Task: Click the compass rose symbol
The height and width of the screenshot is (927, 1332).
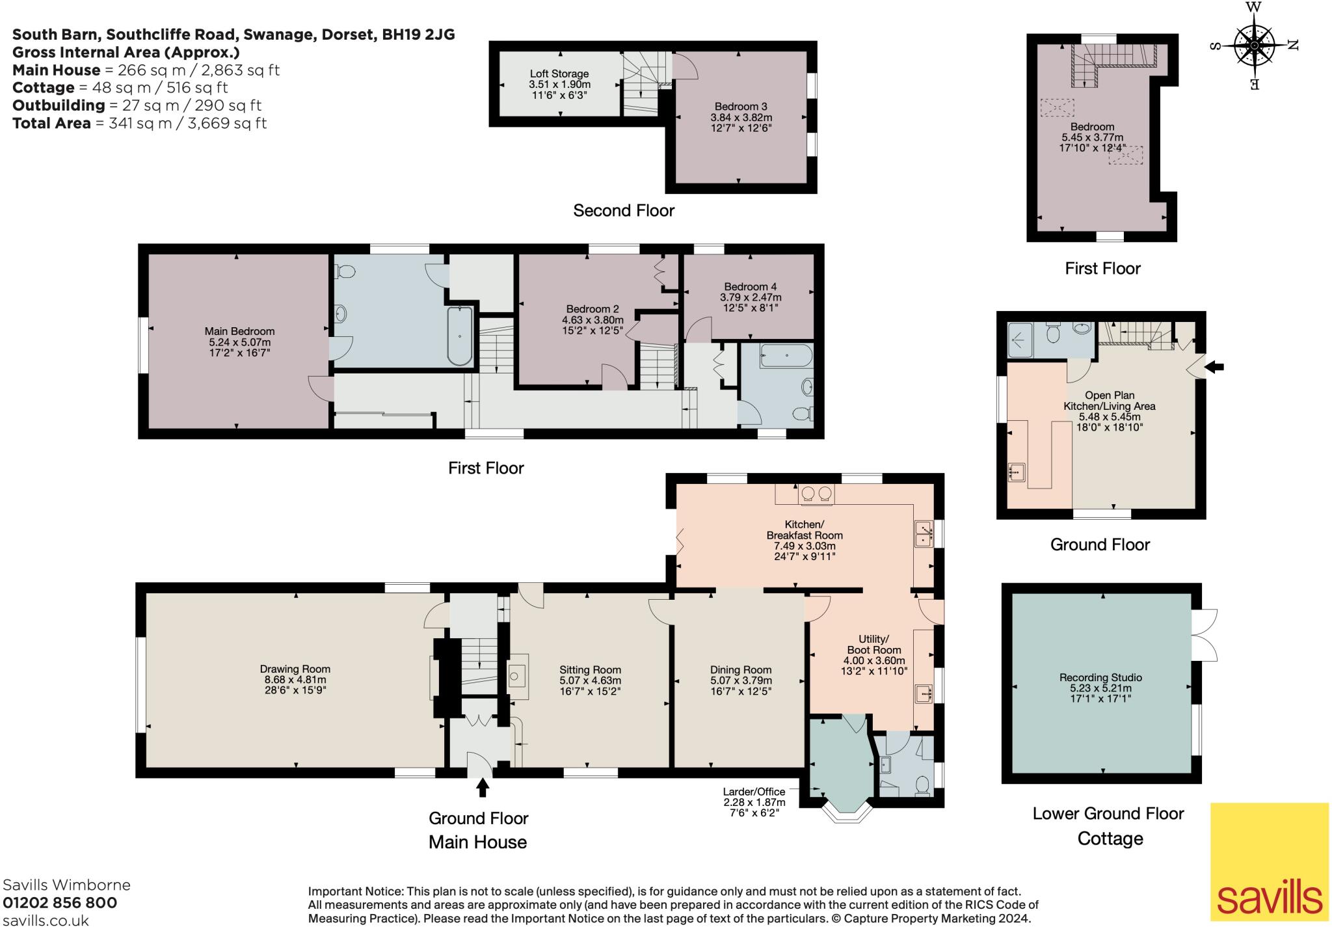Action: click(x=1253, y=45)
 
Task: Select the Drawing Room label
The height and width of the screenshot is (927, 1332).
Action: click(x=295, y=669)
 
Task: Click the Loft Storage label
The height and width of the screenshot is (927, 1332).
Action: click(x=559, y=74)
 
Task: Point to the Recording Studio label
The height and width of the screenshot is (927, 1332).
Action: click(x=1100, y=677)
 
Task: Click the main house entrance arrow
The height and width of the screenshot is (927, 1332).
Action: click(x=482, y=788)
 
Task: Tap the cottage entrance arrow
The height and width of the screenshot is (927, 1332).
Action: click(x=1214, y=368)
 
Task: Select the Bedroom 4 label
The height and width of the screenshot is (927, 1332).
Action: click(x=751, y=286)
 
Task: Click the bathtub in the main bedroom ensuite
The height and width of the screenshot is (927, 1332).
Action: click(x=460, y=336)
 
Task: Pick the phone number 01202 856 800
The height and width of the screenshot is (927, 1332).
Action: click(x=60, y=903)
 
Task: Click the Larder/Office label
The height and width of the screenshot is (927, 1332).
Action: click(x=754, y=792)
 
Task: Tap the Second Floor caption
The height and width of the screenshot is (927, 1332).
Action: click(x=624, y=210)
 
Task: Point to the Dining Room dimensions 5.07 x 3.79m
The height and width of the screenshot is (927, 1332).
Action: click(x=741, y=680)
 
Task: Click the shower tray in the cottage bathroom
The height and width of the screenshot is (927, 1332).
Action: click(x=1020, y=340)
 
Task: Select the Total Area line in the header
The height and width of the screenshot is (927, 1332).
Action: click(x=140, y=123)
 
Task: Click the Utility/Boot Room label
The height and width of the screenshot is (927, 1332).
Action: click(x=873, y=644)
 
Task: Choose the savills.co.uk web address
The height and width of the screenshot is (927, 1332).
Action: click(x=46, y=920)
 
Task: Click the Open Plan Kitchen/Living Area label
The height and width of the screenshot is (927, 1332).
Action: click(x=1110, y=401)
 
